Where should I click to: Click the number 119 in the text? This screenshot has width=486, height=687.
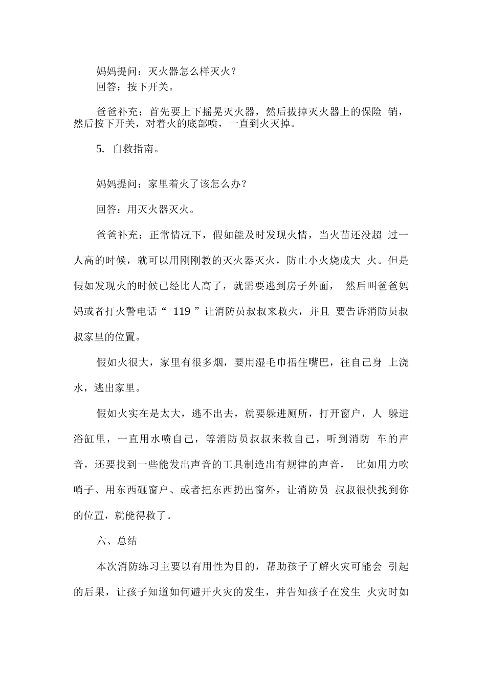pos(182,311)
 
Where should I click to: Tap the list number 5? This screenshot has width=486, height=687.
pos(100,149)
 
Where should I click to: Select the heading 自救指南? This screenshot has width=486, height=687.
pos(135,149)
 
